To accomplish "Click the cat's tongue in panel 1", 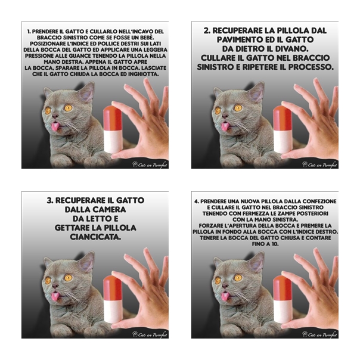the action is tap(55, 127).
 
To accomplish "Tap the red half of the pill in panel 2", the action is tap(283, 119).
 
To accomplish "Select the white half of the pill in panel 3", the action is tap(113, 312).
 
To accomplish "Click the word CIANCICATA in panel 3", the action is tap(95, 237).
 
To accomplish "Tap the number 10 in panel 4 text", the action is tap(275, 244).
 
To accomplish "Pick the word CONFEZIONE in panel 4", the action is tap(319, 201).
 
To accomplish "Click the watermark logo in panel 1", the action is tap(150, 165).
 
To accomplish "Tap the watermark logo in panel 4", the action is tap(320, 334).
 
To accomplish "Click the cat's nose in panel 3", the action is tap(55, 286).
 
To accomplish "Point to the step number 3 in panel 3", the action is tap(50, 200).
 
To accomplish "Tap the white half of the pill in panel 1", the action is tap(113, 142).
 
